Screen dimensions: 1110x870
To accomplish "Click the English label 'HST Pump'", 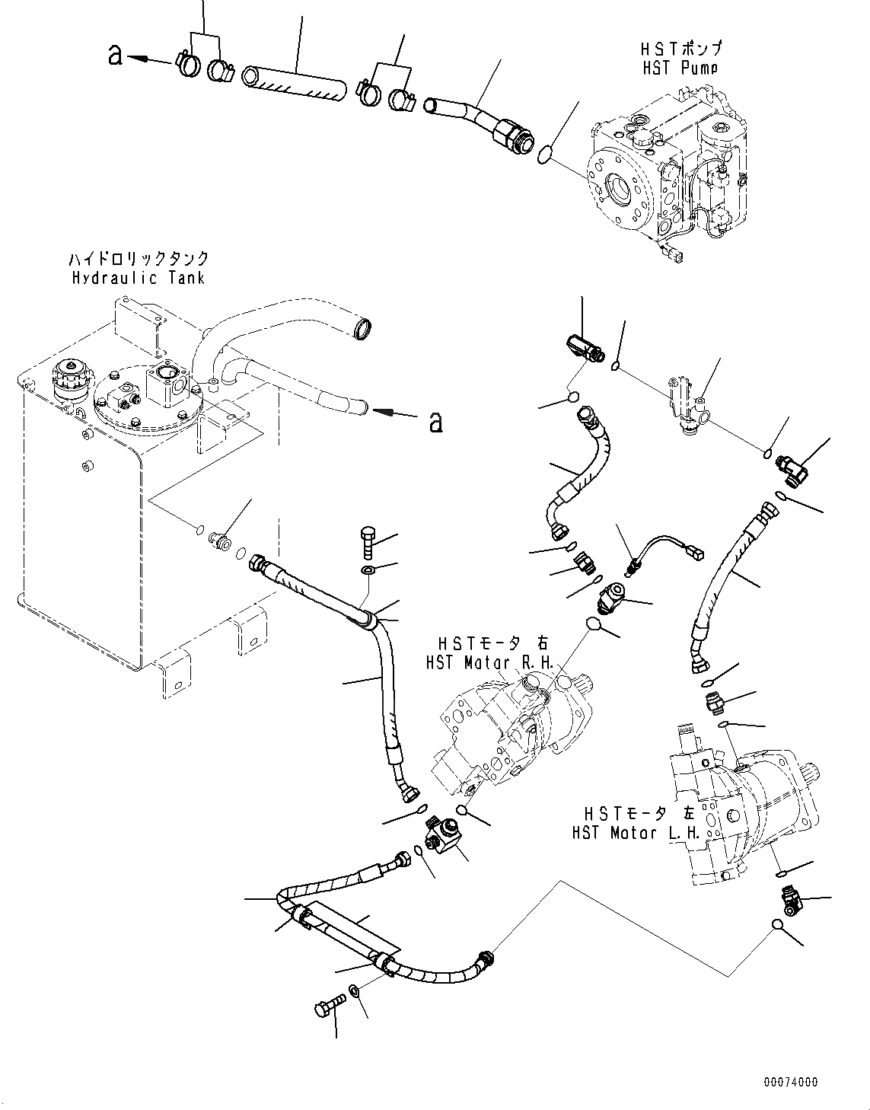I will [x=680, y=68].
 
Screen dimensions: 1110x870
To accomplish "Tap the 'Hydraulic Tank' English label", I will [x=138, y=278].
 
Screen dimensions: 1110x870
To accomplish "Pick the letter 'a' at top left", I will [x=115, y=55].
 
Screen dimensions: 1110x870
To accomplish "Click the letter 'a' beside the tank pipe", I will [x=435, y=420].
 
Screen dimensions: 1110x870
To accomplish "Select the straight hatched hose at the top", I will [x=294, y=85].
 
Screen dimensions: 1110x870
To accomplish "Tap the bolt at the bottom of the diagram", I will [x=326, y=1011].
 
